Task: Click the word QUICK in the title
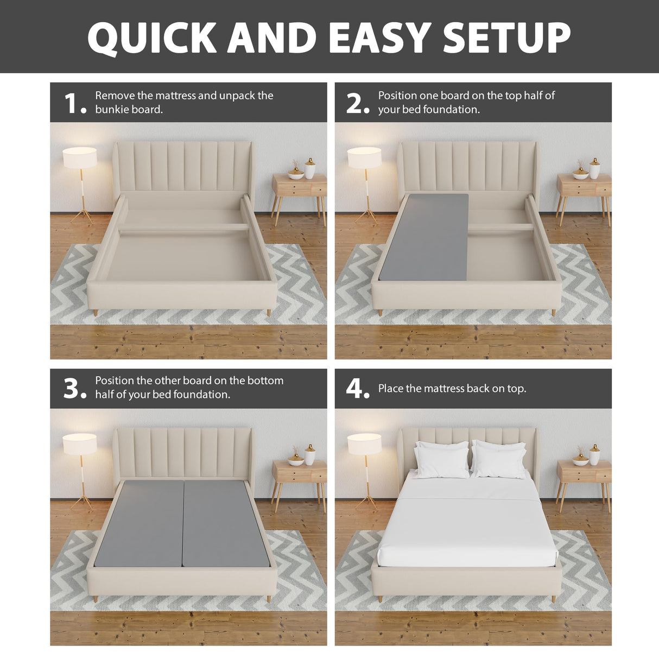[x=153, y=37]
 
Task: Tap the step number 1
[x=73, y=103]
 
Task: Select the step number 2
[x=356, y=103]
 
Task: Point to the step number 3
[x=73, y=389]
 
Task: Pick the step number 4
[x=356, y=389]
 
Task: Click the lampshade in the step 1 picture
[x=80, y=157]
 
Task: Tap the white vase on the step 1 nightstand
[x=310, y=169]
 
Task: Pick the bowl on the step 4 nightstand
[x=580, y=461]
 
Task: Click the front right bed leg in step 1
[x=268, y=313]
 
